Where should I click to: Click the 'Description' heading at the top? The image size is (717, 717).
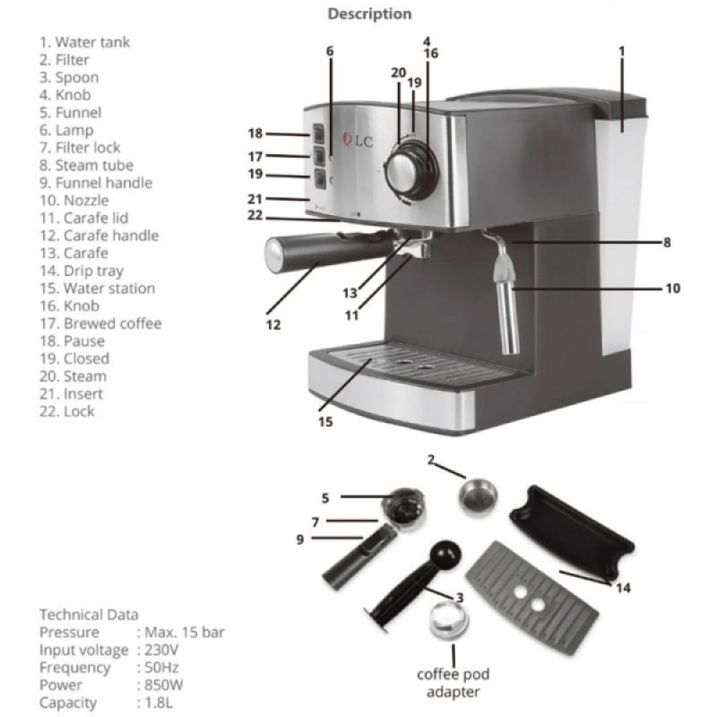pyautogui.click(x=370, y=14)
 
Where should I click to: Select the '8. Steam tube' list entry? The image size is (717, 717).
pyautogui.click(x=86, y=165)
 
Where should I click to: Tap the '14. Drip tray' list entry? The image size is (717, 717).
pyautogui.click(x=81, y=270)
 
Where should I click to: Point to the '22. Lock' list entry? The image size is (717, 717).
pyautogui.click(x=69, y=411)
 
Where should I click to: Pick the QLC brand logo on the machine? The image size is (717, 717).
pyautogui.click(x=360, y=141)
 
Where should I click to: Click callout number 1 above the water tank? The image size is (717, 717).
pyautogui.click(x=622, y=51)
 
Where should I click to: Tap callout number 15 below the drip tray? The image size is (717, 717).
pyautogui.click(x=326, y=422)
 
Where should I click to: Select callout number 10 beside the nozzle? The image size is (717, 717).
pyautogui.click(x=673, y=289)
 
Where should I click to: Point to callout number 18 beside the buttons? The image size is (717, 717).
pyautogui.click(x=256, y=133)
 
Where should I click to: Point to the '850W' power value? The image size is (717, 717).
pyautogui.click(x=162, y=685)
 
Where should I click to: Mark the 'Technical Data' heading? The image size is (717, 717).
pyautogui.click(x=89, y=614)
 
